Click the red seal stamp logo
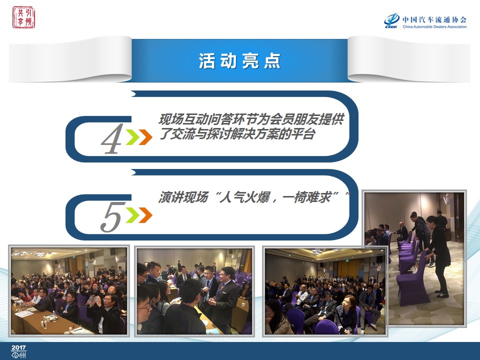click(x=23, y=17)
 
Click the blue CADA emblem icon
click(x=392, y=21)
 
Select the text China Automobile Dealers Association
click(x=434, y=26)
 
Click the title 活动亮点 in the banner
click(x=239, y=60)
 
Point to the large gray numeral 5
click(x=112, y=216)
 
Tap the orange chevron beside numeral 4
click(x=145, y=137)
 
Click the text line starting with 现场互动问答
click(x=251, y=119)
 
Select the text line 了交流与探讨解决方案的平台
click(x=236, y=134)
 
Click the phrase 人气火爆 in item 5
click(x=243, y=197)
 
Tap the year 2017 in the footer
click(x=18, y=347)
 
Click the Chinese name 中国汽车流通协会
click(x=434, y=19)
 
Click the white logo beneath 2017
click(x=18, y=355)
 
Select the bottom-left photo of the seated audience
click(x=69, y=291)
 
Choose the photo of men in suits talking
click(x=194, y=291)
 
